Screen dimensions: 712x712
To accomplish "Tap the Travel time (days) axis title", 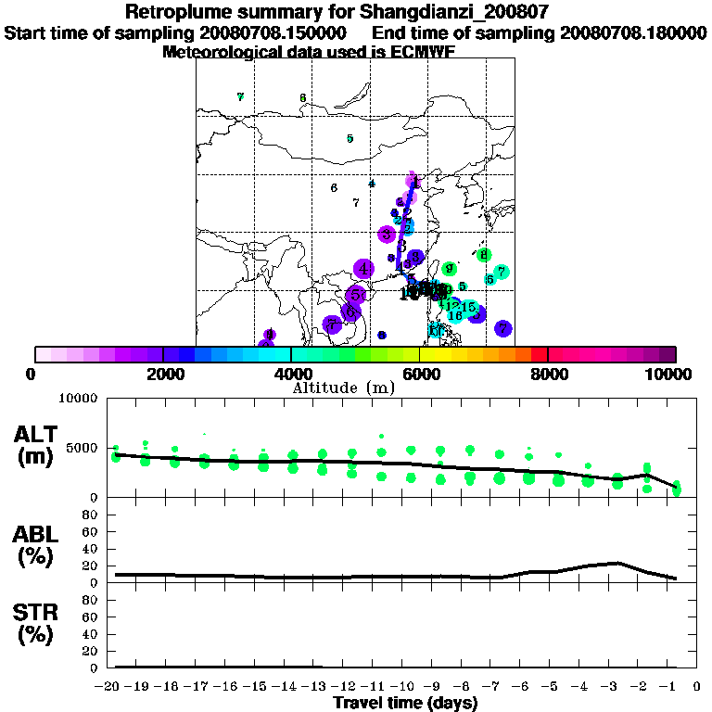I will pyautogui.click(x=405, y=703).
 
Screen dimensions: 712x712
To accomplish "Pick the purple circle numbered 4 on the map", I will pyautogui.click(x=363, y=269).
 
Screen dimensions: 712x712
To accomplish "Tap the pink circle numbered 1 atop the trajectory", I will pyautogui.click(x=415, y=183).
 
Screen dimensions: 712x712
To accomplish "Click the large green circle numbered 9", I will pyautogui.click(x=449, y=269).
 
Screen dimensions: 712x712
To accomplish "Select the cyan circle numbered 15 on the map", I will pyautogui.click(x=469, y=307).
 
